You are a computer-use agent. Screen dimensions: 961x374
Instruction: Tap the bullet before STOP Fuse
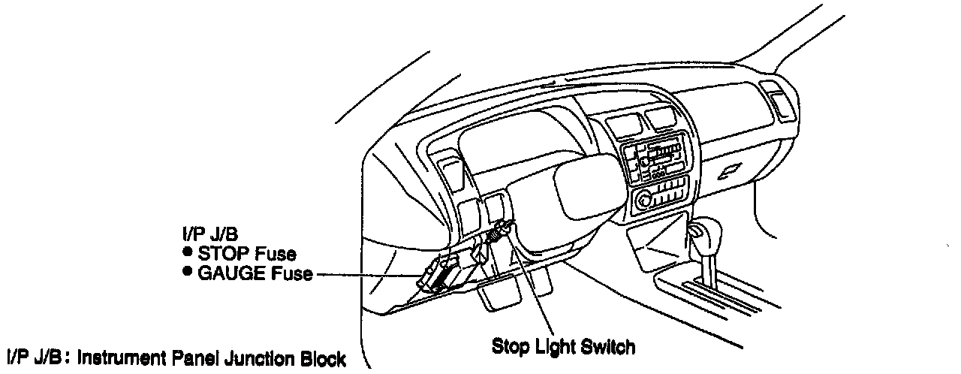(185, 253)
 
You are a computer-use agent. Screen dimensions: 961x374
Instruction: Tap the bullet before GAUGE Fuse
(185, 272)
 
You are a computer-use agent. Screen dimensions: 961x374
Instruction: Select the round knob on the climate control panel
(644, 201)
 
